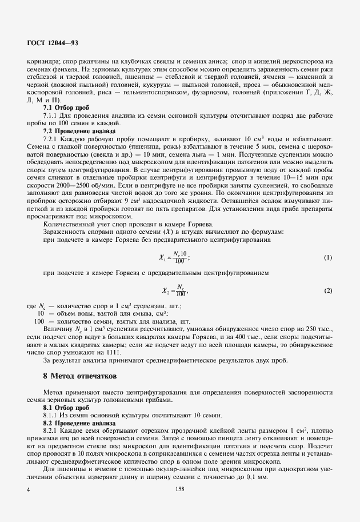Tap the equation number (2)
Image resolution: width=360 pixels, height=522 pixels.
(x=328, y=291)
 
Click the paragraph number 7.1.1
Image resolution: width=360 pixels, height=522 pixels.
(x=52, y=115)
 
